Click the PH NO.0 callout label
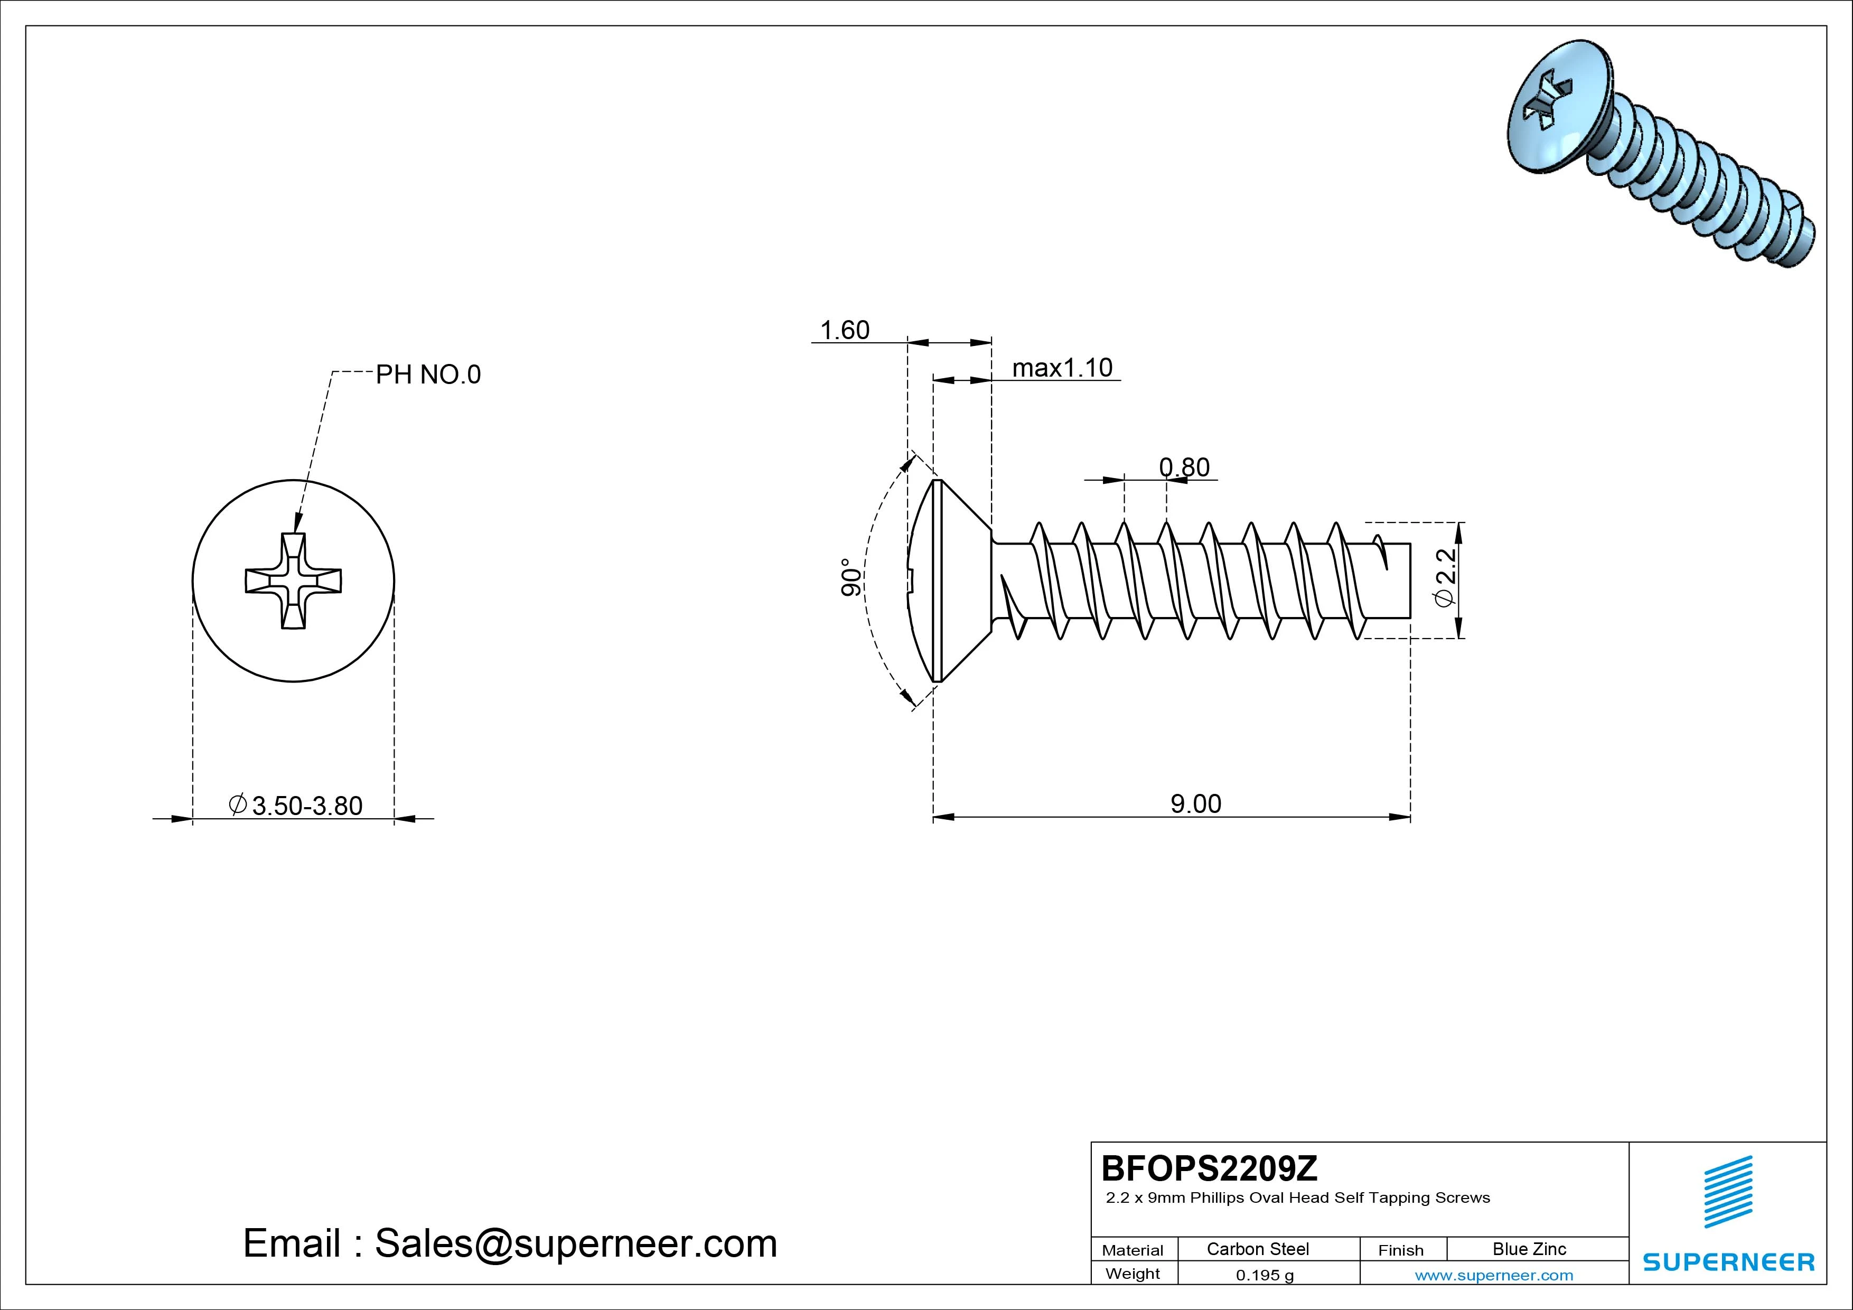pos(428,375)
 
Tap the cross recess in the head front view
pos(293,581)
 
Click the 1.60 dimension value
pos(844,330)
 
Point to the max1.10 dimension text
pos(1062,368)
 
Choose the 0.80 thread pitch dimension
pos(1184,467)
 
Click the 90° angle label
pos(850,577)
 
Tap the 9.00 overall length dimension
pos(1195,804)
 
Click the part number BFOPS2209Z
pos(1209,1168)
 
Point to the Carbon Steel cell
pos(1257,1249)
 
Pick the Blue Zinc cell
pos(1529,1249)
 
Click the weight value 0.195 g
pos(1264,1275)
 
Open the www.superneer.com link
pos(1493,1275)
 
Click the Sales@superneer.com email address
pos(575,1243)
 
